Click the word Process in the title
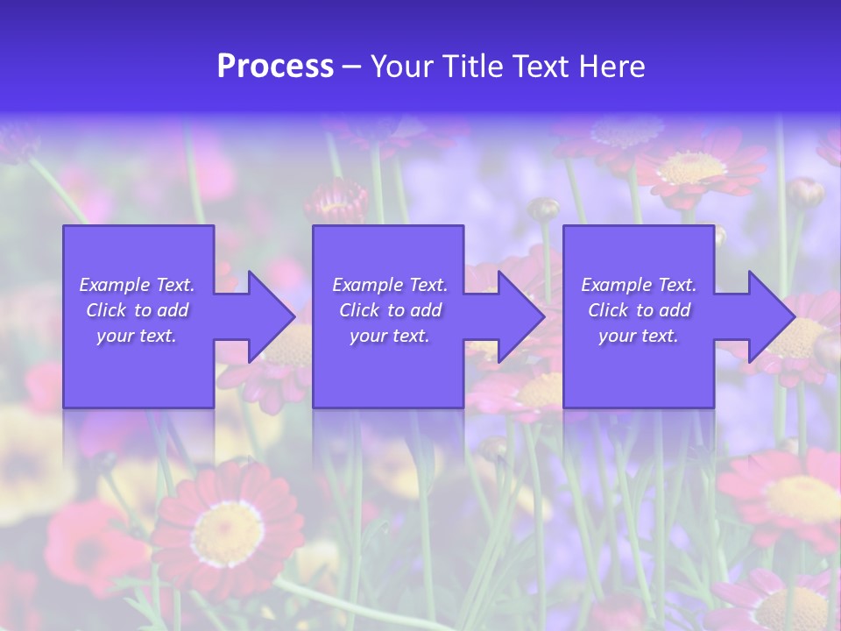[275, 67]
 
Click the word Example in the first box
[114, 285]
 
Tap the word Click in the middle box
[359, 310]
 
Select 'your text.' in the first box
[137, 336]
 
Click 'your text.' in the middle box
[389, 336]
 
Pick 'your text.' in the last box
[639, 336]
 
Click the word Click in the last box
[608, 310]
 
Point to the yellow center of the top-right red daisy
[692, 167]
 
